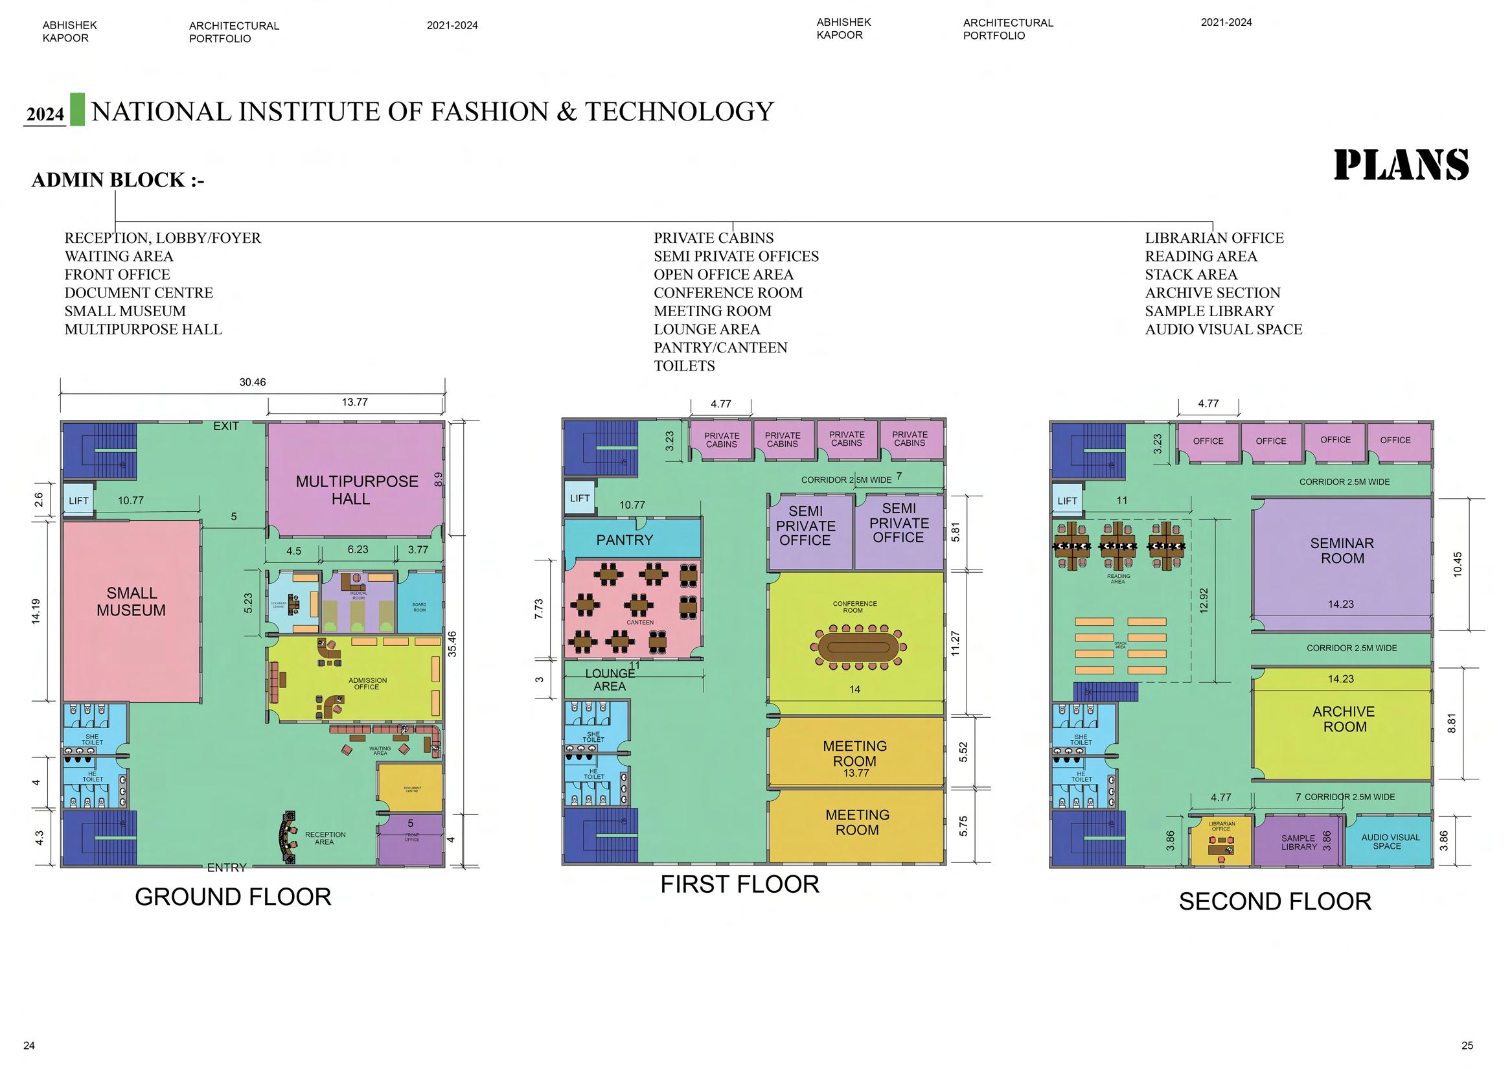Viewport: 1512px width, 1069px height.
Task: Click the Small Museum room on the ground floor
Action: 131,602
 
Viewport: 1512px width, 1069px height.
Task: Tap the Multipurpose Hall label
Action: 356,490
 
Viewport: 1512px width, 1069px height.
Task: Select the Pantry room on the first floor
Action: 624,540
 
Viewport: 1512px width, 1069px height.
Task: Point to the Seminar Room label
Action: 1342,551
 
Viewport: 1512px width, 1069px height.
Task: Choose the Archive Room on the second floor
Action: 1344,719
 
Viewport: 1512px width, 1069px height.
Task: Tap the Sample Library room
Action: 1299,842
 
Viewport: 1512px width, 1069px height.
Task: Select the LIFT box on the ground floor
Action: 78,501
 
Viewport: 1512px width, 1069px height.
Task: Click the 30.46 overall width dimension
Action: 252,383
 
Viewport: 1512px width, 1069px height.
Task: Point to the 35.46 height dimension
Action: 452,643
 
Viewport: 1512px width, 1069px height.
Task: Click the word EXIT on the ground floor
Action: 226,426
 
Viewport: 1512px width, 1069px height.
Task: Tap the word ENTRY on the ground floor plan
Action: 227,868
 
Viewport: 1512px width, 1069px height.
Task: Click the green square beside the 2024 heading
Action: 77,109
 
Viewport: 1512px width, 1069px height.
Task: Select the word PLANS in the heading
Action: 1401,165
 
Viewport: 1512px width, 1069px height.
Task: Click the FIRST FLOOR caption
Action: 740,884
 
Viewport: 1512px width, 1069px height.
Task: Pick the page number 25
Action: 1467,1045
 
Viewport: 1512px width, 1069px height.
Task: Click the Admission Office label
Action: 367,684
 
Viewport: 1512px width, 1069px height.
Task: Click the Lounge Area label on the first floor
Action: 610,680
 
